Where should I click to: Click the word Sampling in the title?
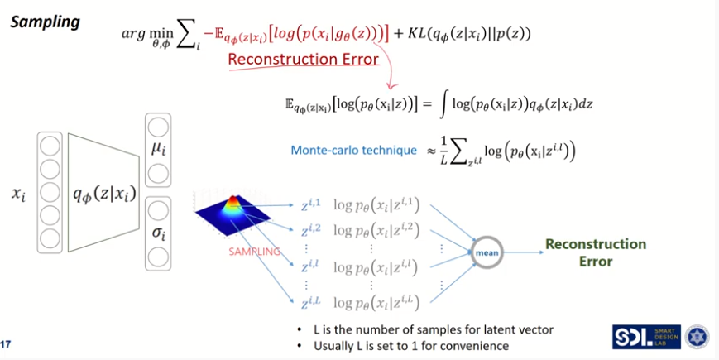click(x=45, y=22)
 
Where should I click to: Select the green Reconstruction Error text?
click(x=595, y=252)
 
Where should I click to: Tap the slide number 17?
click(x=7, y=344)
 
